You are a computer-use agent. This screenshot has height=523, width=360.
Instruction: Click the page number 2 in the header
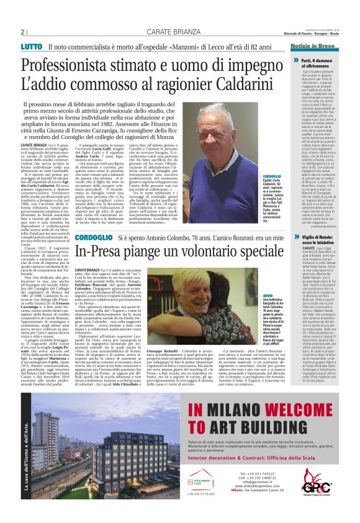pyautogui.click(x=22, y=32)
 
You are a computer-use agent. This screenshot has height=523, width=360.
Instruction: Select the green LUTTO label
pyautogui.click(x=31, y=47)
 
